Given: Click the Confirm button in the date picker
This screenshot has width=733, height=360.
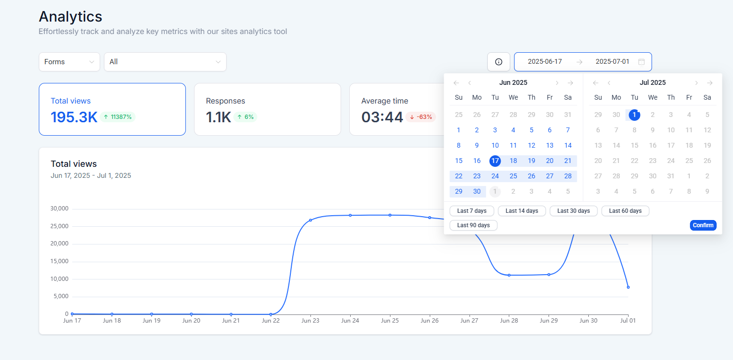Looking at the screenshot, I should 703,225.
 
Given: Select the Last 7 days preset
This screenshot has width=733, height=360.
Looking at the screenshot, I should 471,211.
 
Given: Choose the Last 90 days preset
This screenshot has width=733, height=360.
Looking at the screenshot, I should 473,225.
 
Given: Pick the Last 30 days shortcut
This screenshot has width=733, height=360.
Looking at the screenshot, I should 573,211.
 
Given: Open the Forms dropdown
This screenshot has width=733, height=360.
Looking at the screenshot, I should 69,62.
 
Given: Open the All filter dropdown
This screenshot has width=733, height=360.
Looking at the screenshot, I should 165,62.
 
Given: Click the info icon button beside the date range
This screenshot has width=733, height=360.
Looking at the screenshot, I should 498,62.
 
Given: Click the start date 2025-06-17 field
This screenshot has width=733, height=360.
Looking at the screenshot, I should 545,62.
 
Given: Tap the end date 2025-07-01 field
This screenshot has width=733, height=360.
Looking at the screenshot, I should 612,62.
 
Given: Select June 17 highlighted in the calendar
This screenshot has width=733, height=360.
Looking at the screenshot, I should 495,161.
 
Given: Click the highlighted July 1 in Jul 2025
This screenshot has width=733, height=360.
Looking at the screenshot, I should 634,115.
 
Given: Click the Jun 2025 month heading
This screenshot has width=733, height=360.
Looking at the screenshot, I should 513,83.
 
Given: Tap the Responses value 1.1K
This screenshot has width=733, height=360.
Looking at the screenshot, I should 218,117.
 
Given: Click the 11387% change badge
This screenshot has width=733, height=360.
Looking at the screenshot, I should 118,117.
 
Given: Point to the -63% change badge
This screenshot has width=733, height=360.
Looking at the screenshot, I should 421,117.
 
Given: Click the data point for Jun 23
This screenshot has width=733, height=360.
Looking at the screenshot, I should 310,220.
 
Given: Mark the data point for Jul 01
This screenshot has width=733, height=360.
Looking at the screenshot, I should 628,287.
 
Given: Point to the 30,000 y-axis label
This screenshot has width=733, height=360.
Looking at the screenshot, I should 59,209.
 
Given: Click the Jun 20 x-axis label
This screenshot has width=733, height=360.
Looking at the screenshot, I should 191,321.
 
